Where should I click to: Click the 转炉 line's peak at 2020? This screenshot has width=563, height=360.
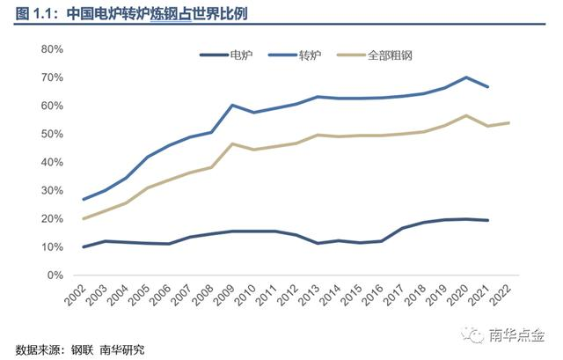tap(467, 77)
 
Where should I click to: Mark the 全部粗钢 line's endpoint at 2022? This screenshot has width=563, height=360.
tap(509, 123)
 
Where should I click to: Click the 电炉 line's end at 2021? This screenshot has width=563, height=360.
tap(488, 220)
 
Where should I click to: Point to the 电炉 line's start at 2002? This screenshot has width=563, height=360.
tap(84, 246)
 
